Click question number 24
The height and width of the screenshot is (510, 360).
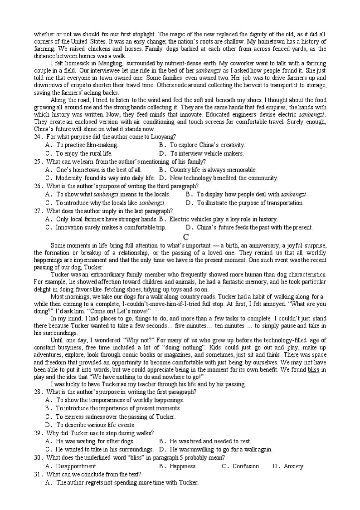point(38,137)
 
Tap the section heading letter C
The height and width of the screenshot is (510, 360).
point(185,236)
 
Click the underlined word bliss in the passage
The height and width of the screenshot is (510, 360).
point(313,370)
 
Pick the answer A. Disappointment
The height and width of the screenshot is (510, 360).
point(71,466)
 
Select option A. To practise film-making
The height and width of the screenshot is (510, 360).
point(82,145)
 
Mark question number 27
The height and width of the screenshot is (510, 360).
point(38,211)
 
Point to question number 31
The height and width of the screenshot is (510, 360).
point(38,475)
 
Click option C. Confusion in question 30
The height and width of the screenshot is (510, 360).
point(241,466)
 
